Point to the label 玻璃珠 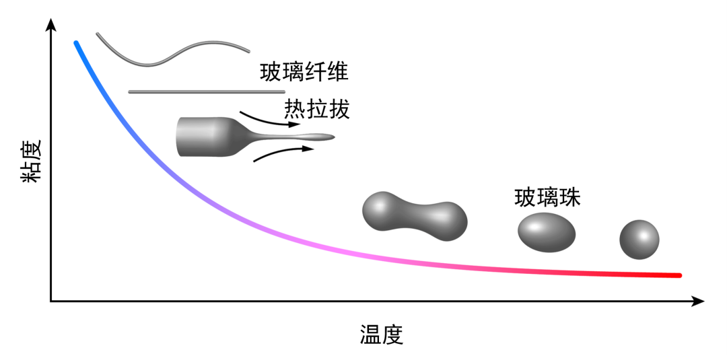tap(547, 198)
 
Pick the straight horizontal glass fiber tap(206, 92)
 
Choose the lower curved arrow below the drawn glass tap(283, 153)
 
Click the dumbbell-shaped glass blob tap(414, 217)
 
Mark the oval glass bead tap(547, 231)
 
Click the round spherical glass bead tap(639, 240)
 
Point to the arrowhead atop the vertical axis tap(50, 26)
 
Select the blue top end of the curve tap(77, 44)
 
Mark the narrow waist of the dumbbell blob tap(414, 217)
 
